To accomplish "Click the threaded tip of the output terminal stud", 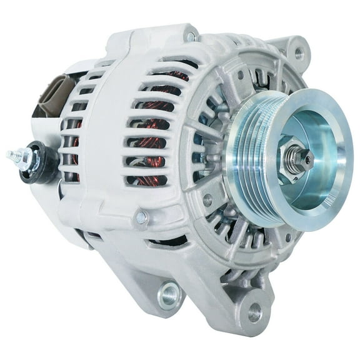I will coord(11,154).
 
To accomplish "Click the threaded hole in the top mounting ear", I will coord(299,52).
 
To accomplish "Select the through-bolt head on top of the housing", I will coord(189,37).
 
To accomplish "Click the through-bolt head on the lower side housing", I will coord(142,217).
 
